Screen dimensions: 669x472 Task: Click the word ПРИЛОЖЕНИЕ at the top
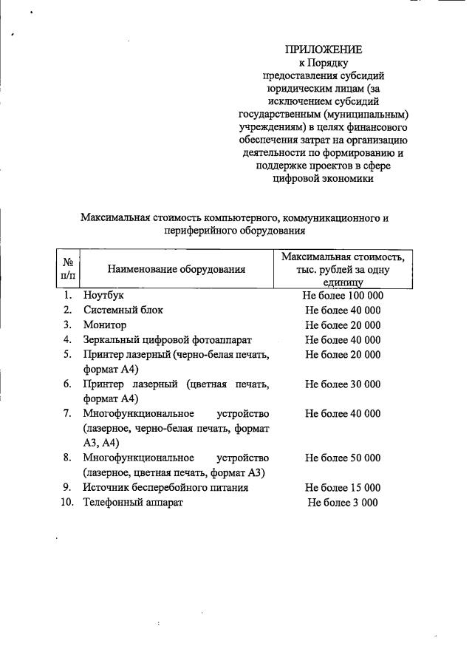pos(324,50)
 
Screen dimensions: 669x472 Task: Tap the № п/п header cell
pos(67,268)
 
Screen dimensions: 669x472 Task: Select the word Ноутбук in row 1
pos(103,295)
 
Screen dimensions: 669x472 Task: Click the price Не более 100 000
pos(343,295)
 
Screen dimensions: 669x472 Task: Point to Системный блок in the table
pos(123,310)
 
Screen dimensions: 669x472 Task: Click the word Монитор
pos(105,325)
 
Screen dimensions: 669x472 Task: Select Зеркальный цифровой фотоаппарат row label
pos(168,339)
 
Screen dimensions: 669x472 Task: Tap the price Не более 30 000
pos(343,384)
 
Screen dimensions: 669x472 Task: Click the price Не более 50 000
pos(343,458)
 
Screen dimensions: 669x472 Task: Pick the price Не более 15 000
pos(343,487)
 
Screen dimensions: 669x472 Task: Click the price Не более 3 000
pos(343,502)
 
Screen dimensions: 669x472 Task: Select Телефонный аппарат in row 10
pos(133,502)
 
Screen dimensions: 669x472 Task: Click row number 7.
pos(67,413)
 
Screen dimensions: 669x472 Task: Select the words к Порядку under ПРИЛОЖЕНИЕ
pos(324,63)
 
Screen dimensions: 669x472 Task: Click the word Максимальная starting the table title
pos(112,218)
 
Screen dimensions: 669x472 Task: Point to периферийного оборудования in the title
pos(235,231)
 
